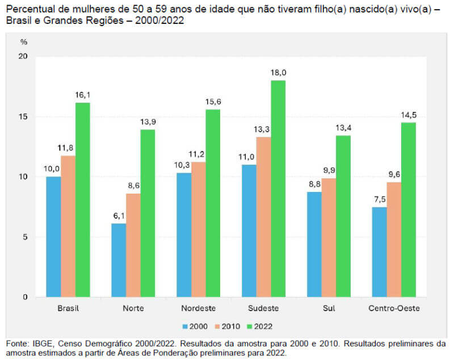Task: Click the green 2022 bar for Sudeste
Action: coord(278,189)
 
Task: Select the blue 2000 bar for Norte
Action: coord(119,260)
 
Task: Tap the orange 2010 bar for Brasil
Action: coord(68,226)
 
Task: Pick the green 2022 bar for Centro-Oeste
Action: coord(409,210)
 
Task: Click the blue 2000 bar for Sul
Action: coord(314,244)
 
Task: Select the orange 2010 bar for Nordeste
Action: coord(198,229)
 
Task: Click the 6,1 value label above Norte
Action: coord(118,216)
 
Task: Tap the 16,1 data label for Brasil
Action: coord(83,95)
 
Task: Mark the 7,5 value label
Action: coord(379,199)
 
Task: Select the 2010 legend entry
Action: coord(227,326)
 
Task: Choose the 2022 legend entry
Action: coord(260,326)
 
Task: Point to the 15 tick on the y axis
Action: coord(23,117)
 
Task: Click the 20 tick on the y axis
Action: coord(23,57)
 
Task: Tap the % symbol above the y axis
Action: coord(23,42)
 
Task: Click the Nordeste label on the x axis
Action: coord(198,308)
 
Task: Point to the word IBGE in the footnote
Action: coord(38,344)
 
